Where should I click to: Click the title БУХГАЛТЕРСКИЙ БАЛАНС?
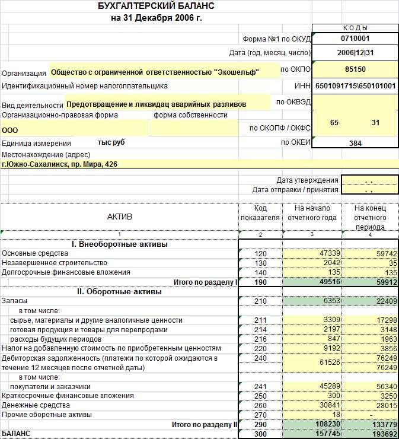coord(156,7)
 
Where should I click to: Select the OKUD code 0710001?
coord(355,39)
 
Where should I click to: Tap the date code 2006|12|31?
coord(355,53)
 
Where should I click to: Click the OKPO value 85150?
coord(355,69)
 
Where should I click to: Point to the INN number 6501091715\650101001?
coord(355,86)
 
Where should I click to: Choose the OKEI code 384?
coord(355,143)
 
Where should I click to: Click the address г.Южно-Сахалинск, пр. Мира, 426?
coord(59,164)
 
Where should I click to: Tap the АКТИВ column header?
coord(119,217)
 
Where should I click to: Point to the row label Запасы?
coord(14,301)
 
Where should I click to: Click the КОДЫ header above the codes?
coord(355,28)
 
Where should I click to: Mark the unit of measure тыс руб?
coord(111,143)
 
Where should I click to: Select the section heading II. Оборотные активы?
coord(119,292)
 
